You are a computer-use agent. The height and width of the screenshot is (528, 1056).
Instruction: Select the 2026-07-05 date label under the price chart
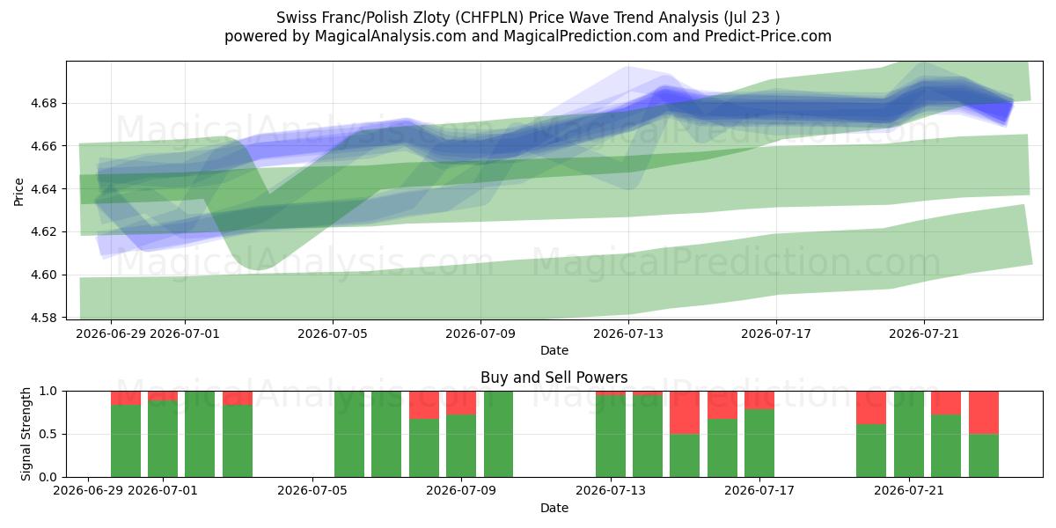click(333, 334)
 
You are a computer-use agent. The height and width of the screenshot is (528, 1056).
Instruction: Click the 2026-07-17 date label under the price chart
click(776, 334)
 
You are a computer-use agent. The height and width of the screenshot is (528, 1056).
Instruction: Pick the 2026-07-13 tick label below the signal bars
click(611, 490)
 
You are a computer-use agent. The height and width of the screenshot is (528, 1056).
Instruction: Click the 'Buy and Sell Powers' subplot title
click(554, 378)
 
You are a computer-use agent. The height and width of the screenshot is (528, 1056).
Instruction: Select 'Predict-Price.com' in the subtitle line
click(768, 36)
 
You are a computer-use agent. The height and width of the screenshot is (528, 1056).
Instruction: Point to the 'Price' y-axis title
click(18, 192)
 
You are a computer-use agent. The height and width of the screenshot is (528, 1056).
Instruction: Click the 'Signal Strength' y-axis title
click(26, 434)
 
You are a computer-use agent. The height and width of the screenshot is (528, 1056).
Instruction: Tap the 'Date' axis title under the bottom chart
click(554, 508)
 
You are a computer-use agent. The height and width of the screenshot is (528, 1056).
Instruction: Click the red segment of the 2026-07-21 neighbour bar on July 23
click(984, 413)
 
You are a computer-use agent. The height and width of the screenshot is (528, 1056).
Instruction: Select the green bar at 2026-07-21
click(908, 434)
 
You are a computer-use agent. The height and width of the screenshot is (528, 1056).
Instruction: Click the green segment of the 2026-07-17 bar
click(759, 444)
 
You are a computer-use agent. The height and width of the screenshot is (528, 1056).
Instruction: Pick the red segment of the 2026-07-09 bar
click(460, 403)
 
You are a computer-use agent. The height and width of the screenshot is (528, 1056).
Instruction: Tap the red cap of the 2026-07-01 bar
click(163, 396)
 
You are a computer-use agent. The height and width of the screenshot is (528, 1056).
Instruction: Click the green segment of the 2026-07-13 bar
click(611, 436)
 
